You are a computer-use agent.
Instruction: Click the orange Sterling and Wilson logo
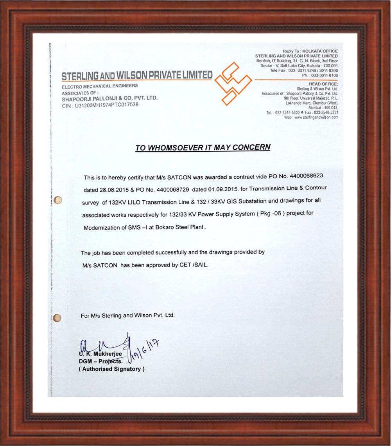(x=233, y=83)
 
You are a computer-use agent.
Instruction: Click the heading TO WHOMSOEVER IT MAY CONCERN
(x=203, y=148)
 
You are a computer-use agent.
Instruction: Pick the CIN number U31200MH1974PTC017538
(x=104, y=105)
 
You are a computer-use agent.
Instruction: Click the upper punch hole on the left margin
(x=58, y=200)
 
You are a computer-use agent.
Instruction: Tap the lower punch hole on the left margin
(x=57, y=317)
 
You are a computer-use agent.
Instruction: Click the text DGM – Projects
(x=100, y=361)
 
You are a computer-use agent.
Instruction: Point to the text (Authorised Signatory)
(x=112, y=369)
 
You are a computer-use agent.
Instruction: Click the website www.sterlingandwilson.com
(x=316, y=117)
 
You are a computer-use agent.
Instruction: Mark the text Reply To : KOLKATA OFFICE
(x=310, y=51)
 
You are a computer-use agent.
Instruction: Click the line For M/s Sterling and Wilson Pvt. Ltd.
(x=127, y=315)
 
